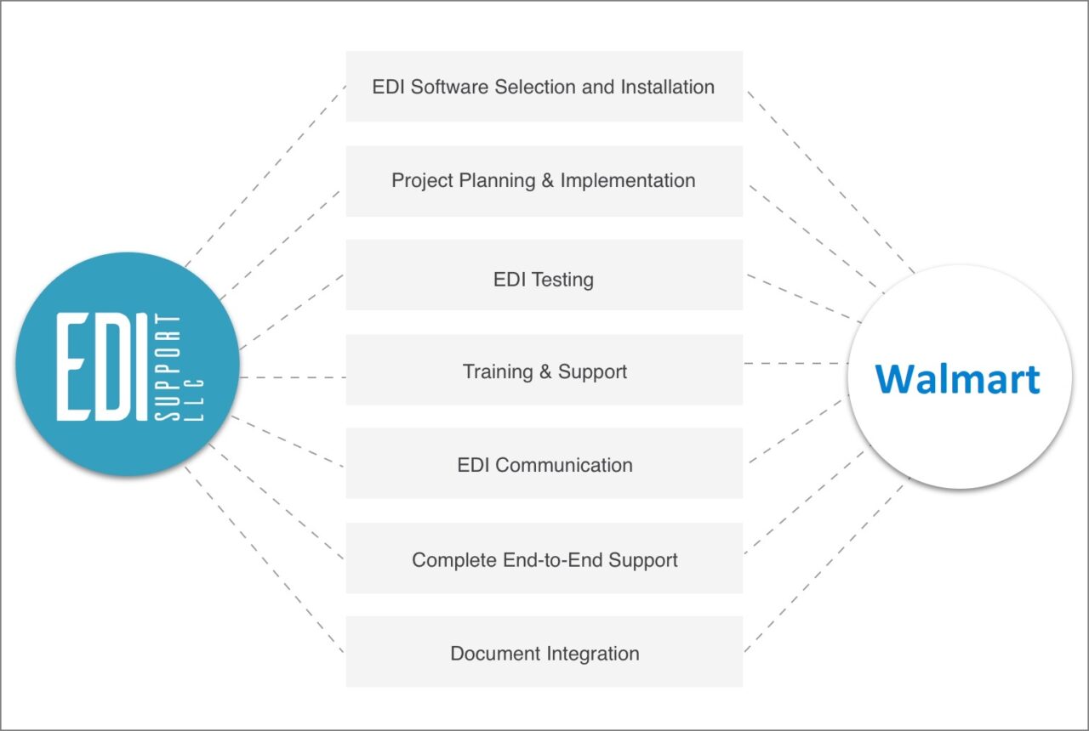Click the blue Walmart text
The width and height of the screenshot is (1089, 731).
(957, 379)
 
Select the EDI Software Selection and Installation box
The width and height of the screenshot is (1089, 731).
(544, 87)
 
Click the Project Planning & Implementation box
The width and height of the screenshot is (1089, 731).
(544, 181)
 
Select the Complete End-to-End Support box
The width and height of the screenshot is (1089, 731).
(544, 558)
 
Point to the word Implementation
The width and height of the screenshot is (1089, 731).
(628, 181)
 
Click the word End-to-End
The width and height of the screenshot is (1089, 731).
(541, 560)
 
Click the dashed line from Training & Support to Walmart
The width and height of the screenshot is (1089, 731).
(795, 364)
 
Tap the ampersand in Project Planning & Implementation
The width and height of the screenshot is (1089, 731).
(544, 181)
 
